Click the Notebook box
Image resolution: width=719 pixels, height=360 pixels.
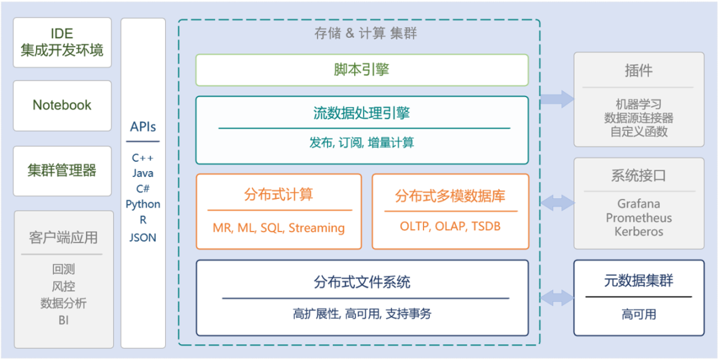tap(62, 105)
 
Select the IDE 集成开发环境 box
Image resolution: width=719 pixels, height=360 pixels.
tap(62, 42)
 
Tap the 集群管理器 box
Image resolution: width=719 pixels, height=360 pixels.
tap(62, 170)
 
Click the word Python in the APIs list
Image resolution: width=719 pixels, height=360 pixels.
tap(143, 204)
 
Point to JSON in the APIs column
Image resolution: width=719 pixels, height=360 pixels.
tap(143, 237)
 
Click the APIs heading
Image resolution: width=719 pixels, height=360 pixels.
tap(143, 127)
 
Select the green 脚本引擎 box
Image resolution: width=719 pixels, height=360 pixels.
tap(361, 70)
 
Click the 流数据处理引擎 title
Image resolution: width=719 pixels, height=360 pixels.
tap(361, 113)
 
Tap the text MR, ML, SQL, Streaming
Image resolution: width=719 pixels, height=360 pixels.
tap(278, 228)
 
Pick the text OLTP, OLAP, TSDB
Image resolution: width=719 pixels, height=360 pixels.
tap(450, 226)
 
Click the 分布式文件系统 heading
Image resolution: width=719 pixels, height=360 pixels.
tap(361, 282)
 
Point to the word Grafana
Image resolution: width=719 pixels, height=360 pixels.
tap(638, 204)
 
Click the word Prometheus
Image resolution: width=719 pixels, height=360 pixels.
tap(638, 218)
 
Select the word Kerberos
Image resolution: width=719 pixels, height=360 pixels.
tap(638, 232)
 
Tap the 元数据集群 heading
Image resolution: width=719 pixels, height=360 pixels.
tap(638, 281)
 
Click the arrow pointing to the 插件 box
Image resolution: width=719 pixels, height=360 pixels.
tap(557, 99)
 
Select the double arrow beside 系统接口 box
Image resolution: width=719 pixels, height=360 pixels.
tap(557, 202)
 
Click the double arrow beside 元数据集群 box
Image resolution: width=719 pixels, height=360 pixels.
tap(557, 297)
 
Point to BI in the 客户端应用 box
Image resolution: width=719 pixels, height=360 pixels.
tap(63, 320)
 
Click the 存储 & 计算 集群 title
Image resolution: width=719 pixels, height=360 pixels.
tap(365, 33)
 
